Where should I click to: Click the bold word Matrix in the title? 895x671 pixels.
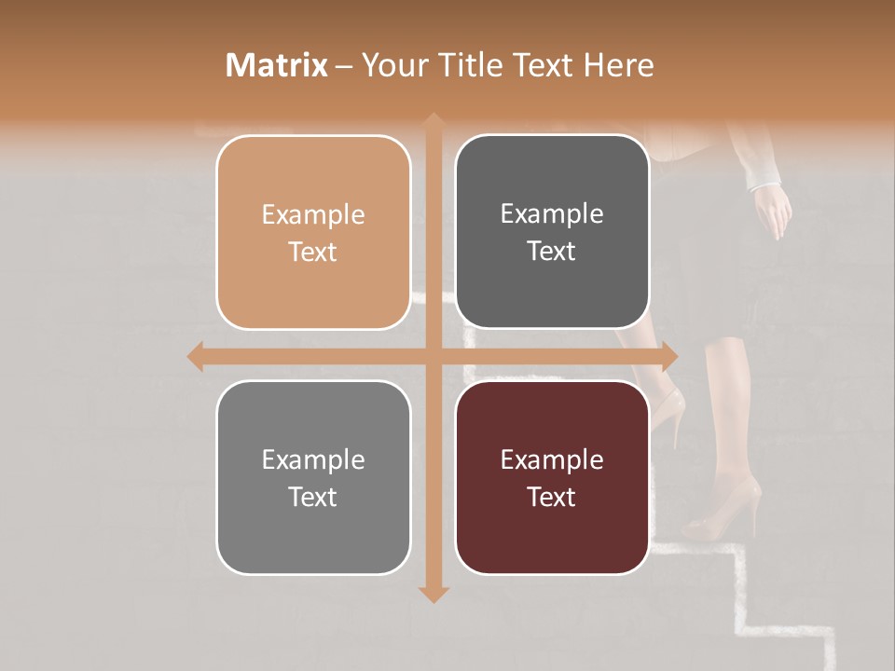point(277,65)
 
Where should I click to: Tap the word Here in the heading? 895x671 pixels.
point(619,65)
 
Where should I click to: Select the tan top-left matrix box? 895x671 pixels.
point(313,233)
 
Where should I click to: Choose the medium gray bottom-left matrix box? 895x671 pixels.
point(313,477)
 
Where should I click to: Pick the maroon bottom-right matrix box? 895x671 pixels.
point(552,477)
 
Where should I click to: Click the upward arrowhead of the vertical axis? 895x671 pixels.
point(433,122)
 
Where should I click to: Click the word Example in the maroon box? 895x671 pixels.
point(552,459)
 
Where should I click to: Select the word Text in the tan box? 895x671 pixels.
point(313,253)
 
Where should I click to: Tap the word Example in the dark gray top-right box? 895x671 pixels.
point(552,213)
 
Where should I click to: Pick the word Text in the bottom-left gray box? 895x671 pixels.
point(313,497)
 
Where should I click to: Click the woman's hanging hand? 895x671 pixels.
point(773,212)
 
